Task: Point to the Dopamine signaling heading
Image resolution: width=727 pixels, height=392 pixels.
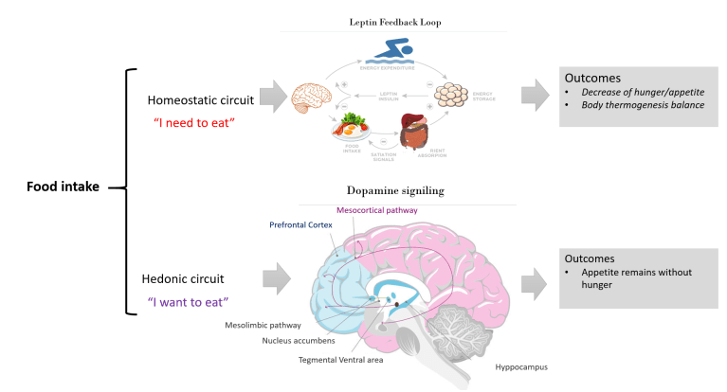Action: [x=409, y=191]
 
